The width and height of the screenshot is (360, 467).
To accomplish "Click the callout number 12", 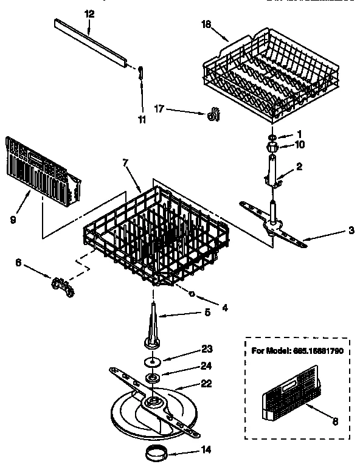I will click(89, 13).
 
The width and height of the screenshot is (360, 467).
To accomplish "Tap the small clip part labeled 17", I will click(213, 114).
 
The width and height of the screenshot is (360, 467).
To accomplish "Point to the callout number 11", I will click(142, 120).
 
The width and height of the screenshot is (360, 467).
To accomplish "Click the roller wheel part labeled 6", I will click(61, 284).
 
